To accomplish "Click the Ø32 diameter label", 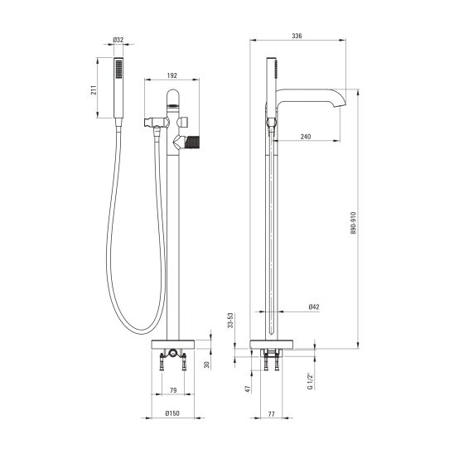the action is [118, 40].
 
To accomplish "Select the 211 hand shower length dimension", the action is [94, 90].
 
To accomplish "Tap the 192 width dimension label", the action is [172, 75].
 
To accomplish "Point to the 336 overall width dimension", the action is [297, 36].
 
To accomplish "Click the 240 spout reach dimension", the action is [306, 137].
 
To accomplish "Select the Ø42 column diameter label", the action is [314, 307].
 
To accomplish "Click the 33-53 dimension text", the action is [230, 321].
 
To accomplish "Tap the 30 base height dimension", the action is [206, 365].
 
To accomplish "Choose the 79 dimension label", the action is [173, 390].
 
